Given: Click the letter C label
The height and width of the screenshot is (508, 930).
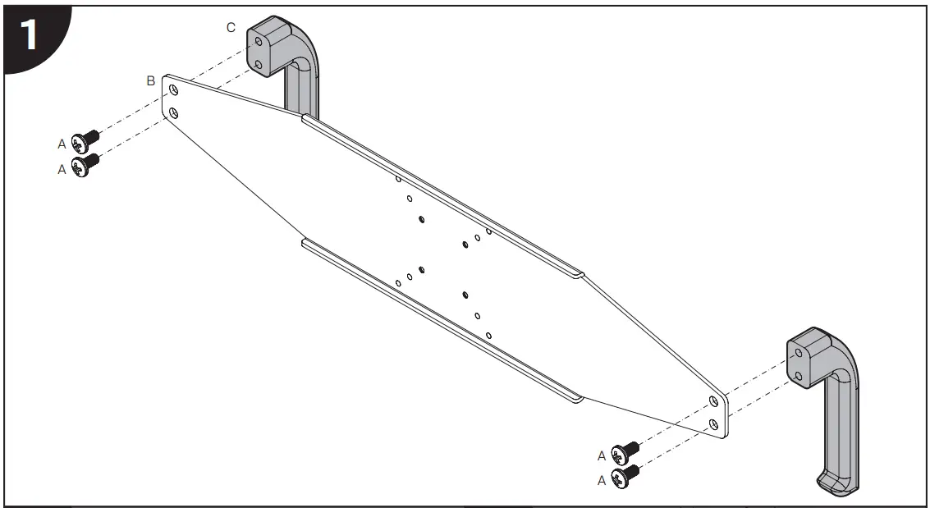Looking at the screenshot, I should [x=231, y=28].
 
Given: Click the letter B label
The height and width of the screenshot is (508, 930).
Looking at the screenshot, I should [x=150, y=80].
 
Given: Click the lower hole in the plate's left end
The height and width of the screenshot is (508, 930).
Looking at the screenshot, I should [x=174, y=111].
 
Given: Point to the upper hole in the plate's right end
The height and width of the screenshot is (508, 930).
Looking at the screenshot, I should [x=713, y=400].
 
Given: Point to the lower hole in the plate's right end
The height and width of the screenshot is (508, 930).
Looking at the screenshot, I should [x=714, y=423].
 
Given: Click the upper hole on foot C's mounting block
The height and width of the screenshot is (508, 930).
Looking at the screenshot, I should [x=259, y=40].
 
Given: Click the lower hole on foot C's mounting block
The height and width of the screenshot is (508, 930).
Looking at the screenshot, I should [x=259, y=62].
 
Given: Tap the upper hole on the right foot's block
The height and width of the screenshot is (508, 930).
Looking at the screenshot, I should [x=798, y=353].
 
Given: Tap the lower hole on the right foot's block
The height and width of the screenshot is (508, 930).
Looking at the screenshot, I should [x=799, y=376].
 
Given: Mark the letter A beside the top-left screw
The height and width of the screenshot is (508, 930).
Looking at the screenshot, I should [x=62, y=144].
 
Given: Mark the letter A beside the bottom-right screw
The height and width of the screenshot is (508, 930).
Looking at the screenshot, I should [x=602, y=481].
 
